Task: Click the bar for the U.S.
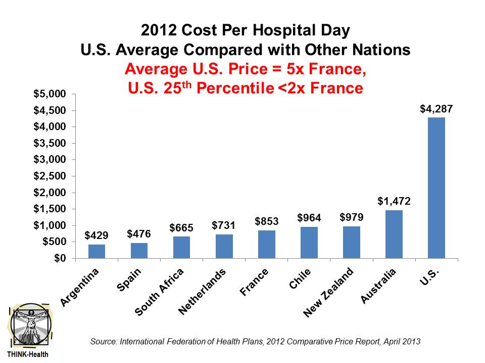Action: [436, 188]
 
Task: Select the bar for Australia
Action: [394, 234]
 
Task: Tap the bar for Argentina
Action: [96, 251]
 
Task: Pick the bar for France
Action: [266, 244]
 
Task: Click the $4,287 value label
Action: [436, 108]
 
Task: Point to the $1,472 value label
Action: [394, 201]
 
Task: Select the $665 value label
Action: [181, 227]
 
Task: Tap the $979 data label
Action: [351, 217]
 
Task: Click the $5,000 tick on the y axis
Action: [50, 94]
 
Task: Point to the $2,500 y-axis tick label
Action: [50, 176]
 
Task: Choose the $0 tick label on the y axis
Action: [60, 258]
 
